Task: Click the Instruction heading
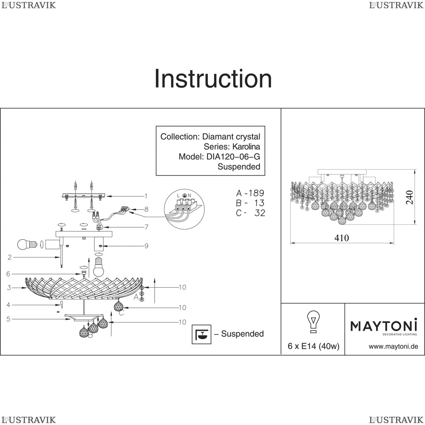pos(213,79)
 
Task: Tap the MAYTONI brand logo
pos(383,326)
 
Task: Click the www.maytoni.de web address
pos(393,346)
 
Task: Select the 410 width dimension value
pos(341,238)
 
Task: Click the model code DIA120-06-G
pos(232,156)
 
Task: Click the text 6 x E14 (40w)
pos(313,346)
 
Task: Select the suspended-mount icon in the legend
pos(202,334)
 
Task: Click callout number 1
pos(145,196)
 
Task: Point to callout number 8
pos(146,209)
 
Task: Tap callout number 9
pos(146,245)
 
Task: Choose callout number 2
pos(9,257)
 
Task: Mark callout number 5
pos(8,319)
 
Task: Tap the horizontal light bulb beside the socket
pos(26,244)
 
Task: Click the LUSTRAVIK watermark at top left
pos(28,5)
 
